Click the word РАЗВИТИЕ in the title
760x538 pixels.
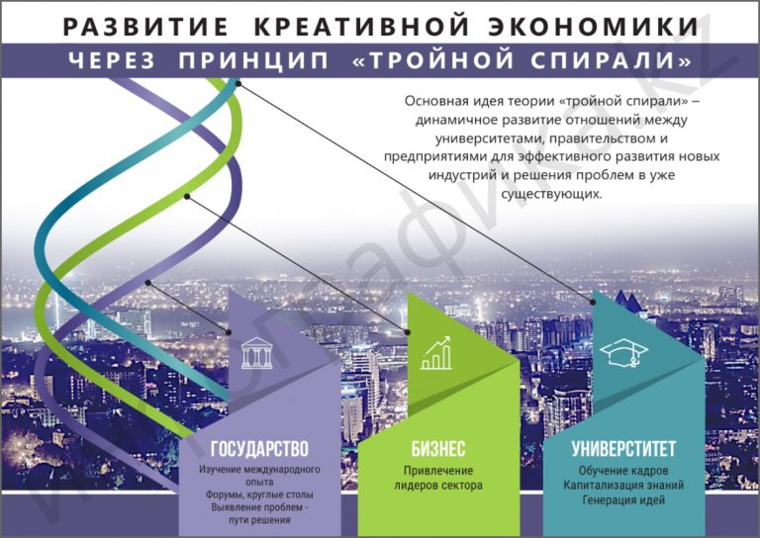145,26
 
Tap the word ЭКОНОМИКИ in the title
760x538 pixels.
594,26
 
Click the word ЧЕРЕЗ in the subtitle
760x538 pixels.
112,61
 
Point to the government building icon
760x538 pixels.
257,353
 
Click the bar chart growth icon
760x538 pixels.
436,353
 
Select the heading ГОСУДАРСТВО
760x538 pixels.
259,449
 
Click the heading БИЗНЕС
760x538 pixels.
438,449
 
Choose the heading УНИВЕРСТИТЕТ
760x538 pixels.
623,449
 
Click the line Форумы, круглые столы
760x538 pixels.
259,494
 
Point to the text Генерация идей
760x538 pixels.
623,499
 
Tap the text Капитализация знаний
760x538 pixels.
623,485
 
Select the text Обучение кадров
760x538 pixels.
623,470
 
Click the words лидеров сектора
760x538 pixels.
438,486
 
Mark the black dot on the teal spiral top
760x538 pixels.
238,84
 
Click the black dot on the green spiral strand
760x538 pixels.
187,196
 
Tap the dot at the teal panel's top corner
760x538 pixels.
593,303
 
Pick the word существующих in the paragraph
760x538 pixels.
551,194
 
